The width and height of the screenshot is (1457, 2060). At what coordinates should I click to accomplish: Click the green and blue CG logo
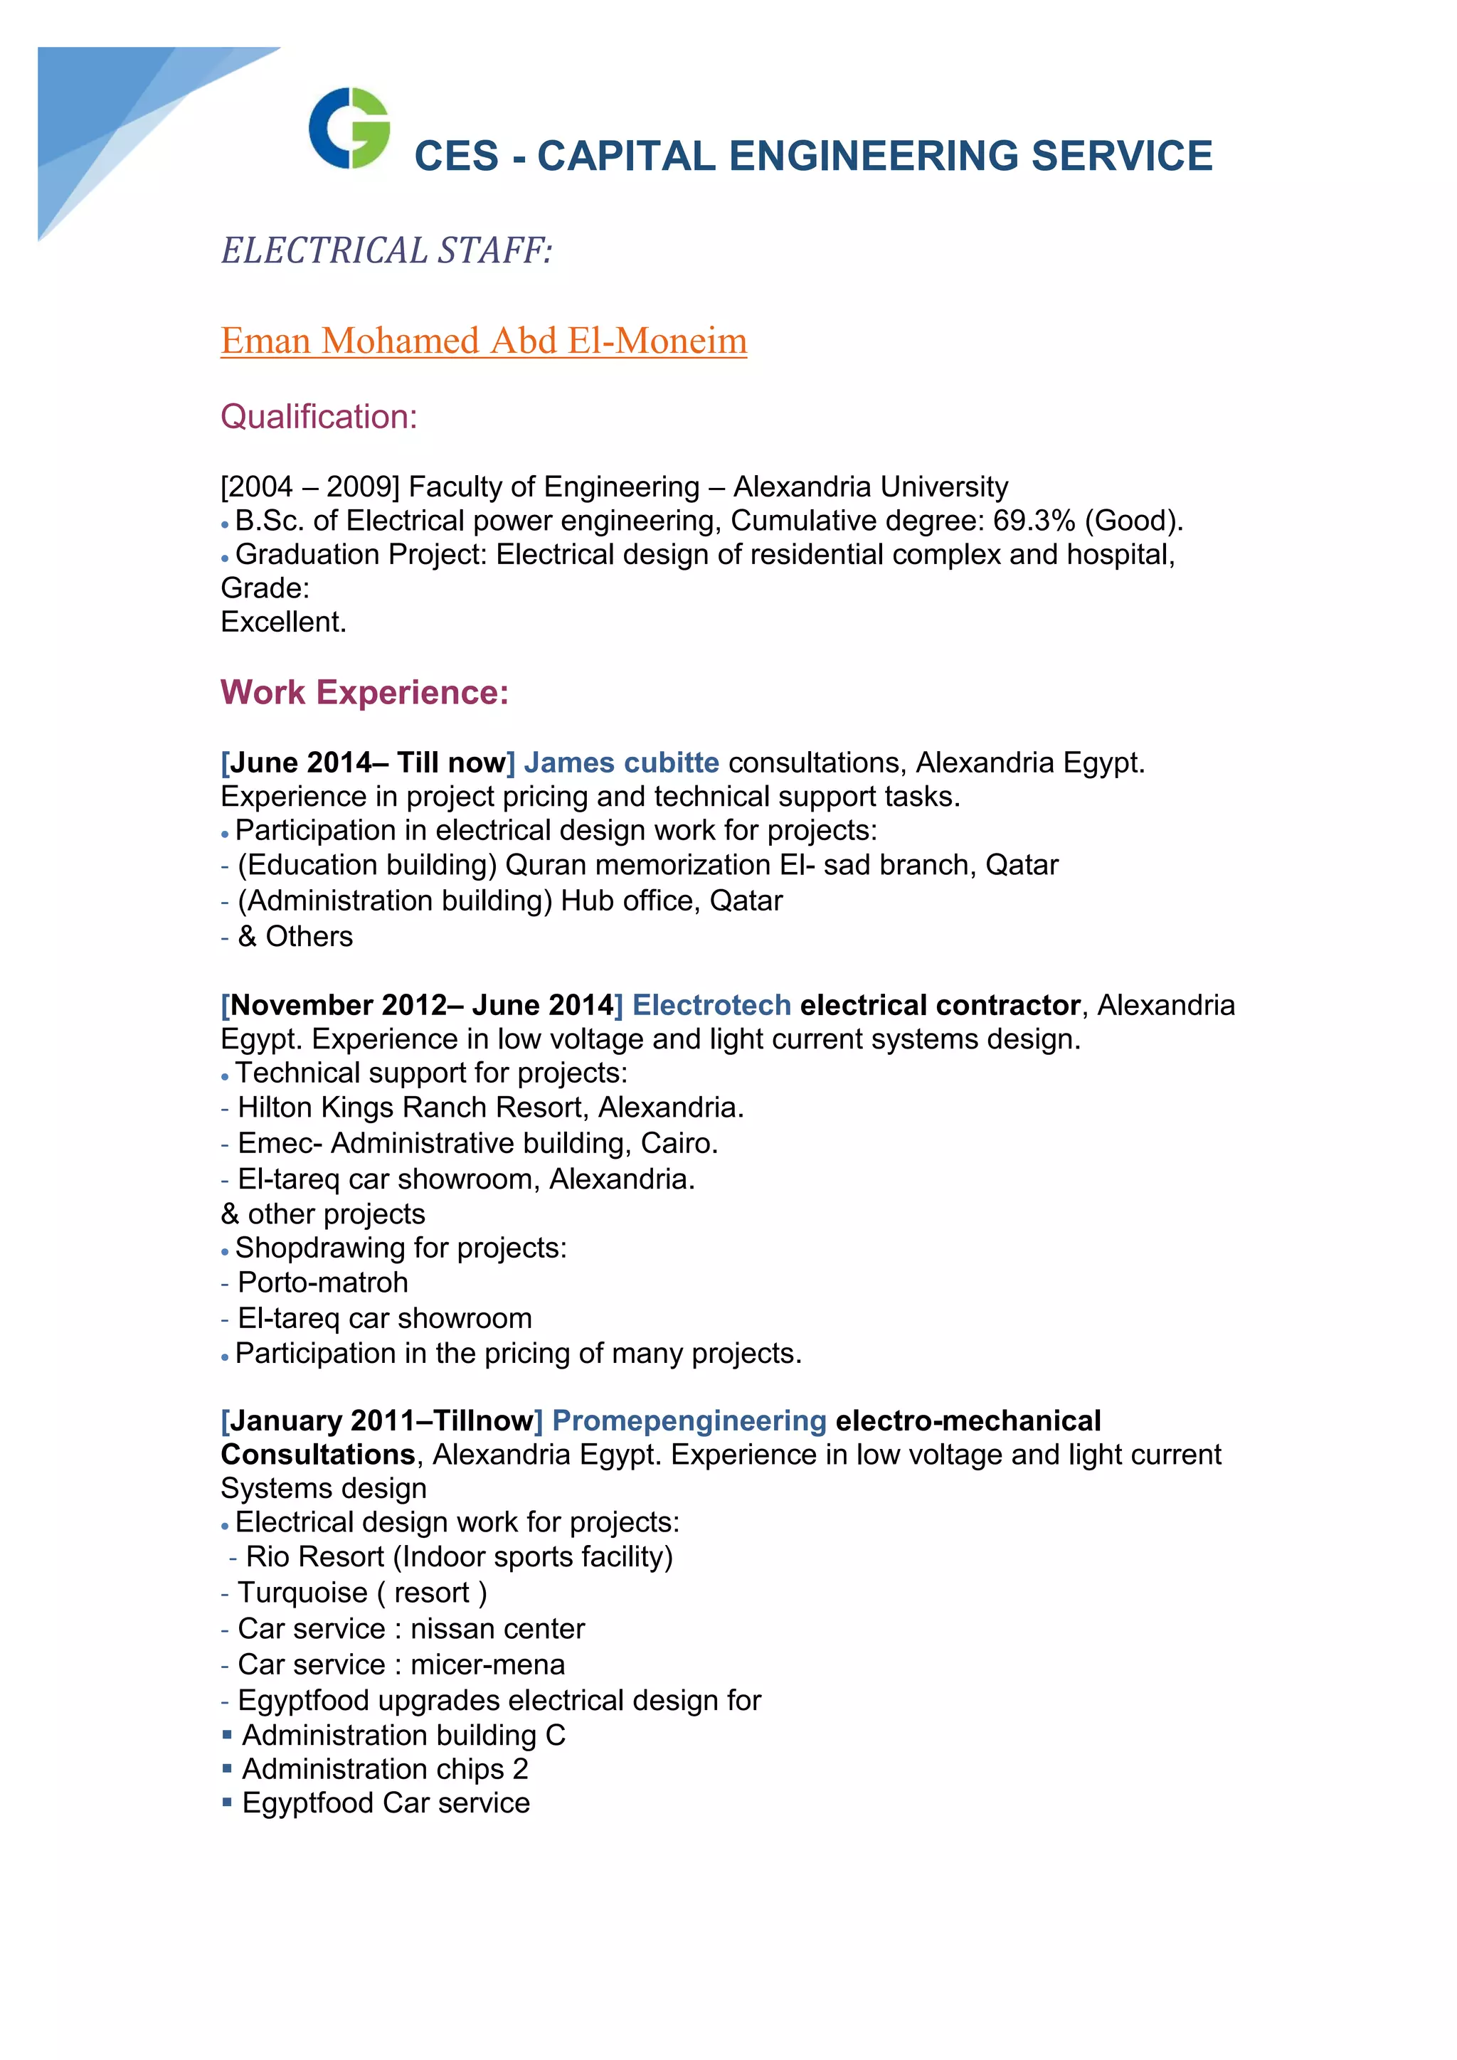pyautogui.click(x=349, y=127)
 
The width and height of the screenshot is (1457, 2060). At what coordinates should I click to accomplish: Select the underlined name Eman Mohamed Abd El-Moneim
pyautogui.click(x=484, y=341)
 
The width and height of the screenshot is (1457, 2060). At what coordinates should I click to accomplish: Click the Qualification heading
pyautogui.click(x=319, y=418)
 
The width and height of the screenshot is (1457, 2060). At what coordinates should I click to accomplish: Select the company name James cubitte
pyautogui.click(x=621, y=763)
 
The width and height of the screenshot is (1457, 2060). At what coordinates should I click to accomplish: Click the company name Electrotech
pyautogui.click(x=711, y=1005)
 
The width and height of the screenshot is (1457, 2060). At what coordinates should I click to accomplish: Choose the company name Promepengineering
pyautogui.click(x=689, y=1421)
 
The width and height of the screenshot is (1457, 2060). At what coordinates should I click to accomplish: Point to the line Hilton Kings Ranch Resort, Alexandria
pyautogui.click(x=490, y=1107)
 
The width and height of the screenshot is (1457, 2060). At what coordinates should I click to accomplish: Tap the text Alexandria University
pyautogui.click(x=870, y=487)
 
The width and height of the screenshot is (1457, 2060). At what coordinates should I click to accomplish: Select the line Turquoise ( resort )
pyautogui.click(x=361, y=1593)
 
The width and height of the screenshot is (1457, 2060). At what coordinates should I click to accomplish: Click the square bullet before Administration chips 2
pyautogui.click(x=227, y=1769)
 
